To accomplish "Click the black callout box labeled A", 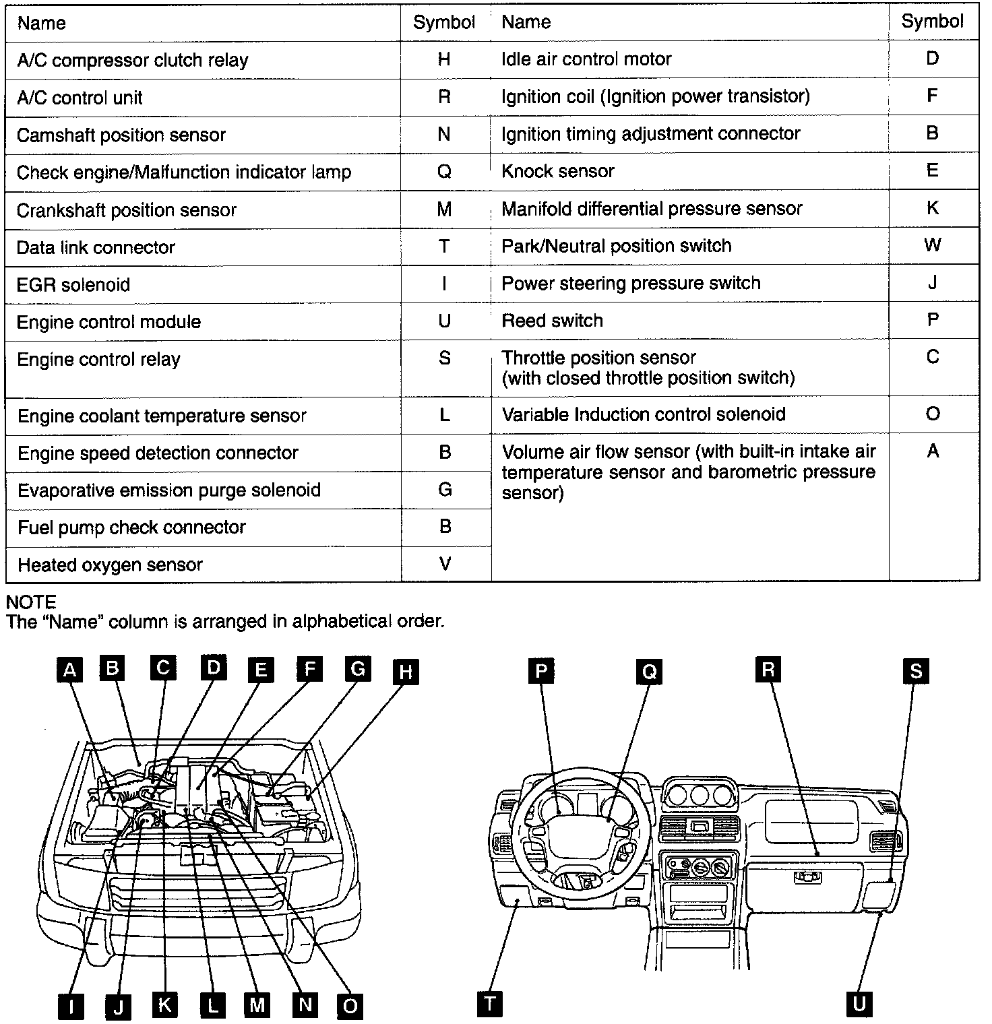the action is coord(69,671).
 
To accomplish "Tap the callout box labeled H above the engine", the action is coord(406,672).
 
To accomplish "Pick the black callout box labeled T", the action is coord(490,1003).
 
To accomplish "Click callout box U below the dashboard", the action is coord(859,1004).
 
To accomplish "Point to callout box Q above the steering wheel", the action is coord(650,672).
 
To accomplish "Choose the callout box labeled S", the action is coord(916,671).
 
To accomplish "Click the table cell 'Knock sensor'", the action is coord(558,171).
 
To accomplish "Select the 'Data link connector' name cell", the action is coord(96,247).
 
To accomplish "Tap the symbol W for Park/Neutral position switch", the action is coord(933,245).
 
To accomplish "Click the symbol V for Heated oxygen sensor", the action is coord(445,564).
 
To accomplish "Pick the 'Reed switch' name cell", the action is coord(552,320).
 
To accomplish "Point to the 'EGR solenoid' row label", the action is coord(73,284).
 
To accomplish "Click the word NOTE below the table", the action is coord(31,602).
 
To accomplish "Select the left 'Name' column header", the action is coord(42,23).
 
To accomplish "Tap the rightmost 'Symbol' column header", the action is coord(933,22).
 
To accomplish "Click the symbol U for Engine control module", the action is coord(444,321).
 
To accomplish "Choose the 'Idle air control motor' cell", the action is coord(586,59).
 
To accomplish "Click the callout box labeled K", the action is coord(164,1005).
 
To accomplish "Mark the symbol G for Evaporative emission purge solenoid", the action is coord(445,490).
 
